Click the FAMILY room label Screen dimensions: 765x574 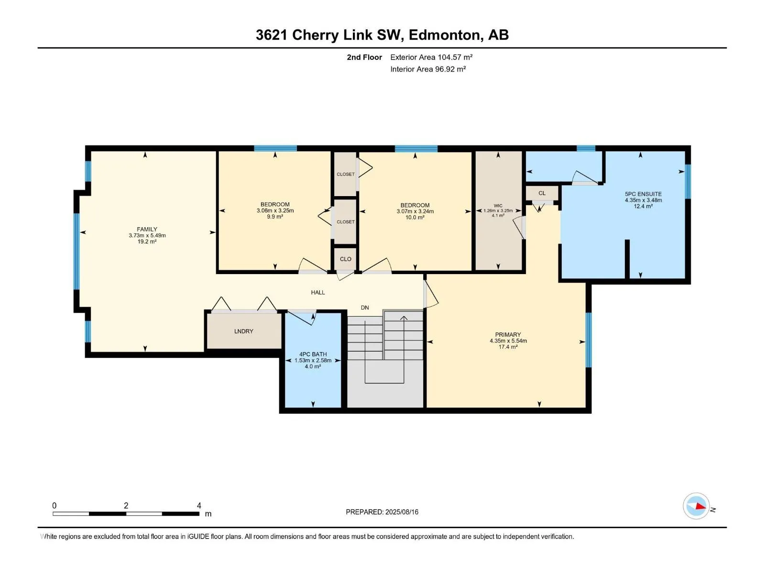click(147, 229)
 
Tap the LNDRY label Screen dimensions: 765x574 click(244, 331)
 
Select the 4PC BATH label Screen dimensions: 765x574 click(313, 354)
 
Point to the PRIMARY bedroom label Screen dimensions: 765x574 click(508, 334)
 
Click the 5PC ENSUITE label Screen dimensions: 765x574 click(643, 194)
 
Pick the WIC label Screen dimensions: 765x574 click(498, 206)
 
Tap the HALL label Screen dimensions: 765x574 click(318, 292)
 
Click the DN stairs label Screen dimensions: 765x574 click(365, 308)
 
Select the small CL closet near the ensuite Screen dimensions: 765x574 click(542, 193)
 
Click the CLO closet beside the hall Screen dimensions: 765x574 click(345, 259)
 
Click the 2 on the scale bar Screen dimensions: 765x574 click(126, 505)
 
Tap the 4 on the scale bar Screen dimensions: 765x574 click(199, 505)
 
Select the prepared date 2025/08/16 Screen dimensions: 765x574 click(402, 512)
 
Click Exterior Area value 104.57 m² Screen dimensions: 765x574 click(455, 57)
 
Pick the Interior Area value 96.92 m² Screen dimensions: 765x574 click(450, 69)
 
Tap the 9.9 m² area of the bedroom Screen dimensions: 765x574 click(275, 216)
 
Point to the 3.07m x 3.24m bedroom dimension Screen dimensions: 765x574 click(415, 211)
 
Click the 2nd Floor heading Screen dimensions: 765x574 click(364, 57)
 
